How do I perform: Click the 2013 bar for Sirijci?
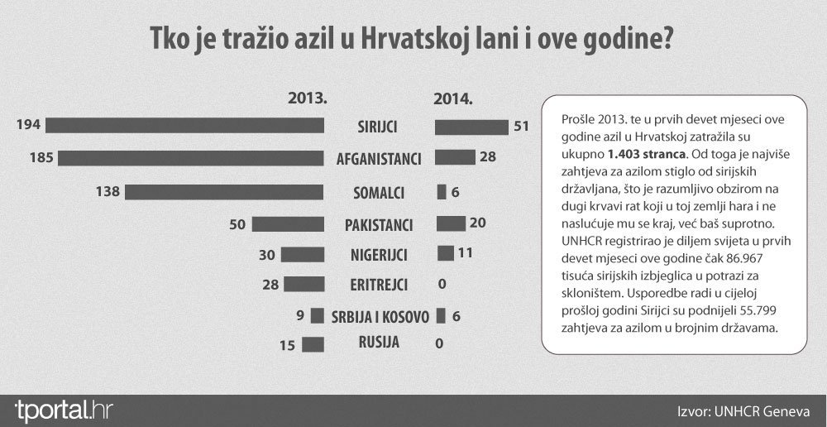[x=185, y=126]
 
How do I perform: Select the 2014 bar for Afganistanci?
[x=455, y=157]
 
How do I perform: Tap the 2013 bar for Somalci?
[x=224, y=192]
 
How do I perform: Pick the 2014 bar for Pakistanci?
[x=451, y=223]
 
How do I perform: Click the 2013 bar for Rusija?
[x=313, y=345]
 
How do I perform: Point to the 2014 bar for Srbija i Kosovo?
[x=441, y=315]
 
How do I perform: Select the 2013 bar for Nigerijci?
[x=303, y=254]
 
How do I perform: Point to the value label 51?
[x=523, y=126]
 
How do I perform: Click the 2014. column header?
[x=453, y=98]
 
